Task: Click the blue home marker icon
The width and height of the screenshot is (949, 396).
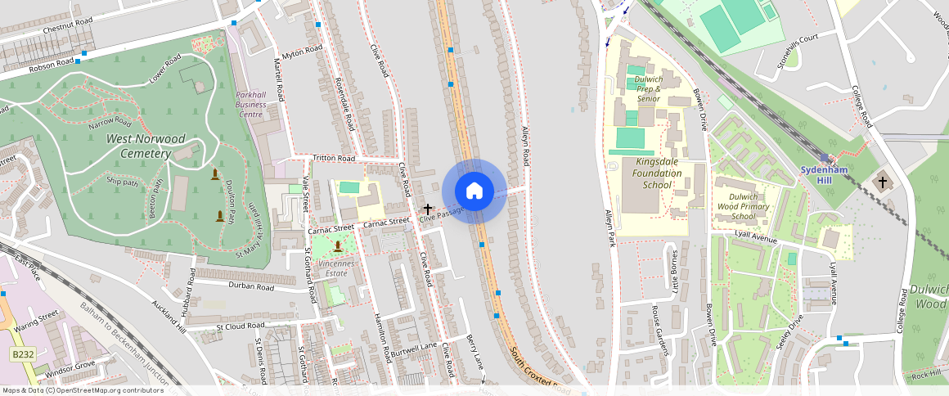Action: pyautogui.click(x=474, y=191)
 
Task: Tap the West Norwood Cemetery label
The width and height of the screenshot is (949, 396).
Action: pyautogui.click(x=146, y=146)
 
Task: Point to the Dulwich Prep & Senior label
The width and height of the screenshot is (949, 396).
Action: pyautogui.click(x=648, y=89)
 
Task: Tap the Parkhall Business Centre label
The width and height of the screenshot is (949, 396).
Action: pyautogui.click(x=250, y=104)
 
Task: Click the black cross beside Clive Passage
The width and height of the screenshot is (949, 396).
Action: pyautogui.click(x=427, y=209)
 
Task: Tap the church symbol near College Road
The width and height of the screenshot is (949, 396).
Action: pyautogui.click(x=881, y=182)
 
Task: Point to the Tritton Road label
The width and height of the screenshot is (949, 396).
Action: pyautogui.click(x=334, y=158)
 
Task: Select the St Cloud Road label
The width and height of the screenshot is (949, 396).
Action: pyautogui.click(x=241, y=326)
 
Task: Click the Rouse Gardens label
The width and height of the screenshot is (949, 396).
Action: pyautogui.click(x=659, y=331)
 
